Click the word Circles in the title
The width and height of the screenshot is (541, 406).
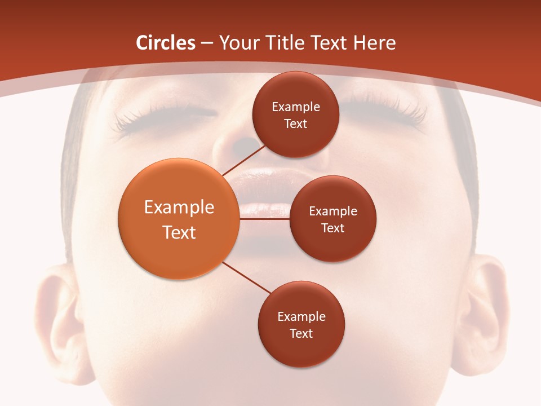pos(166,43)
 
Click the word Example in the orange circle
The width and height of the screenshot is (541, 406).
pos(179,208)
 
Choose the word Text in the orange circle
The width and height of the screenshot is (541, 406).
pos(179,232)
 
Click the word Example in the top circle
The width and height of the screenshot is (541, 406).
pos(296,107)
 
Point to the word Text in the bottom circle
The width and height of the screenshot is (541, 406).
pos(301,334)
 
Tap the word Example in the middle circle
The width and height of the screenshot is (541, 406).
pos(333,211)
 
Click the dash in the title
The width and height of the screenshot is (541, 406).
pos(206,43)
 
